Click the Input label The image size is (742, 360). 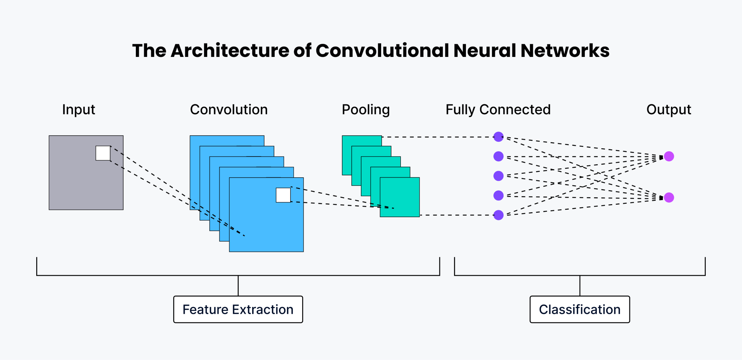(x=78, y=109)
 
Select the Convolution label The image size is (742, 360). (x=229, y=109)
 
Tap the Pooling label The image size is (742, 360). (x=366, y=109)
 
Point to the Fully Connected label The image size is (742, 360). (x=498, y=109)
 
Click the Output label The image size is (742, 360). (x=668, y=109)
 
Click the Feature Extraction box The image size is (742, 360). (x=238, y=309)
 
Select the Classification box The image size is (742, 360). (x=579, y=309)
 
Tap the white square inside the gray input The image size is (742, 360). (x=103, y=153)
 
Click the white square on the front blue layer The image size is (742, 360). (x=283, y=195)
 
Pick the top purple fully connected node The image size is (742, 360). (x=499, y=137)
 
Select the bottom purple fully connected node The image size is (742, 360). (x=499, y=215)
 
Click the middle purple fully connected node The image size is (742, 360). (x=499, y=176)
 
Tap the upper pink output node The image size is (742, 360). (x=669, y=156)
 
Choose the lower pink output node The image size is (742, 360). (x=669, y=198)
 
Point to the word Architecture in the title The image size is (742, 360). (x=230, y=50)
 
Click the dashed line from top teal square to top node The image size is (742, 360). (x=435, y=137)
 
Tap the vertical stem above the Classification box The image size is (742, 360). (x=580, y=286)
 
